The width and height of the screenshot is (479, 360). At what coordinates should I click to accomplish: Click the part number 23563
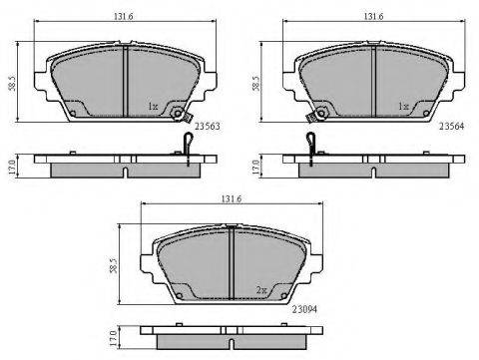(x=208, y=127)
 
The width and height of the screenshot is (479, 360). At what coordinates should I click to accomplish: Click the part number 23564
(x=452, y=126)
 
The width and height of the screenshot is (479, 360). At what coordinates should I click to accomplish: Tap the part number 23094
(x=304, y=309)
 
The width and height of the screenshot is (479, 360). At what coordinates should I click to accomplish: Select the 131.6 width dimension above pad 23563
(x=124, y=16)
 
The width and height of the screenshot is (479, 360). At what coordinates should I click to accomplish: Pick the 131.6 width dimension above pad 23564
(x=373, y=16)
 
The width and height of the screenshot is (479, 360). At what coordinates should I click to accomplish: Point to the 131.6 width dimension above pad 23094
(x=232, y=198)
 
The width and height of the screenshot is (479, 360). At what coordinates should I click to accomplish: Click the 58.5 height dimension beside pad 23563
(x=13, y=83)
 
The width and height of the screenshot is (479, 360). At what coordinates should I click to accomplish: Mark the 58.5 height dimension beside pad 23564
(x=256, y=83)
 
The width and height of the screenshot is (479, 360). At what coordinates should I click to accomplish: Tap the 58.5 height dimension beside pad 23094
(x=114, y=265)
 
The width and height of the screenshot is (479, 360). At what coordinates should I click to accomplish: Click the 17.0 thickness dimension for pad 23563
(x=13, y=168)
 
